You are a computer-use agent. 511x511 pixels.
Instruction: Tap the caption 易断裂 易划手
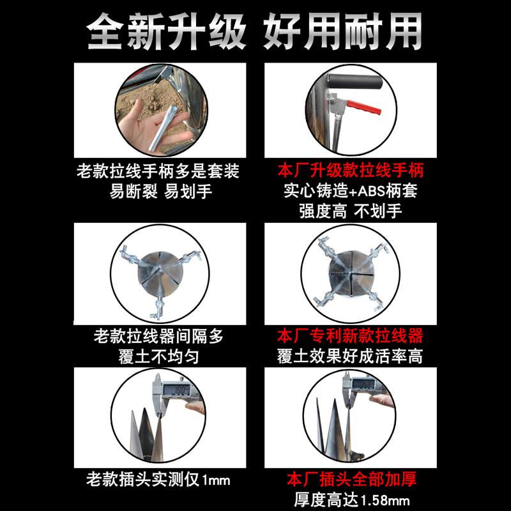[158, 191]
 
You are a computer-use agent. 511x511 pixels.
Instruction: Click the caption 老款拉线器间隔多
[158, 336]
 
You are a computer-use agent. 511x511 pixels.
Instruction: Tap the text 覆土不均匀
[158, 356]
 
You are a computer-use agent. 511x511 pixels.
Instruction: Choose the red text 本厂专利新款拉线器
[349, 336]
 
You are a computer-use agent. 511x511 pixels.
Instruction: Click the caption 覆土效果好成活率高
[349, 356]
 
